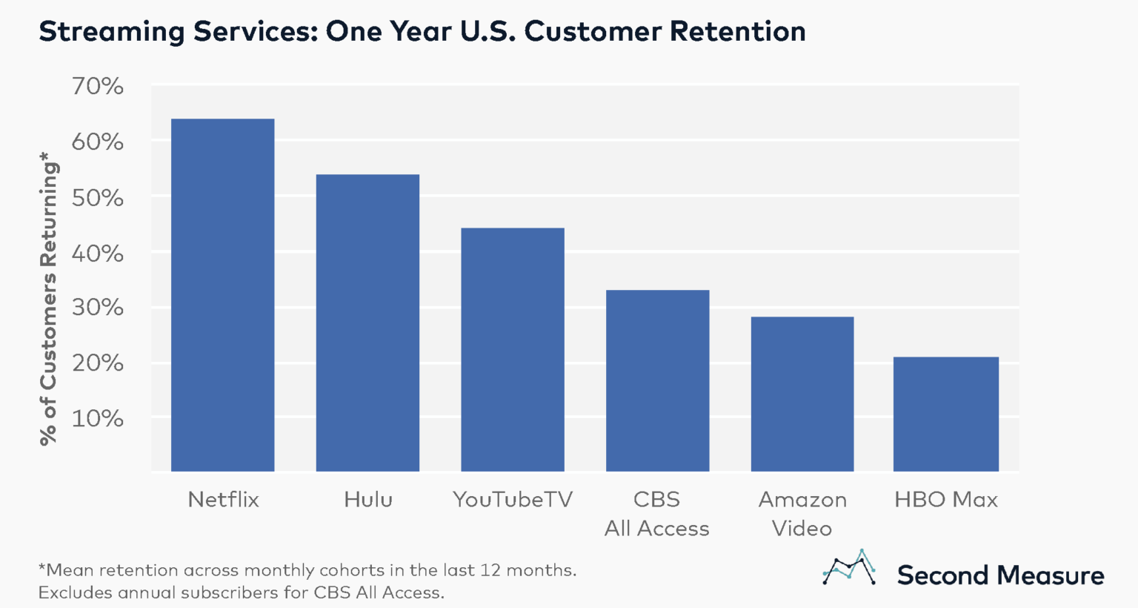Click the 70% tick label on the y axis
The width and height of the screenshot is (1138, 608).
pos(97,86)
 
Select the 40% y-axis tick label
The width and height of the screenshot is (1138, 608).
pos(97,254)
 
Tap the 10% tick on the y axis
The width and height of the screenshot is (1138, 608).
pos(97,419)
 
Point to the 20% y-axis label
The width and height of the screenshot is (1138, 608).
pos(97,363)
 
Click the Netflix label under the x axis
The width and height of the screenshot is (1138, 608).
pos(223,500)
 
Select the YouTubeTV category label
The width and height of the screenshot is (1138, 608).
pos(513,500)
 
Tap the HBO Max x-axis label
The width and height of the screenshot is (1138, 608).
pos(946,500)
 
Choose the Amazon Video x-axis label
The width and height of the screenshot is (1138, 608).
pos(802,514)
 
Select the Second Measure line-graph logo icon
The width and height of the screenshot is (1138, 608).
pos(849,568)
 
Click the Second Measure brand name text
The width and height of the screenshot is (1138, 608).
pos(1000,575)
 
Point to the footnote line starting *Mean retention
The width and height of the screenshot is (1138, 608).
pos(307,570)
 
